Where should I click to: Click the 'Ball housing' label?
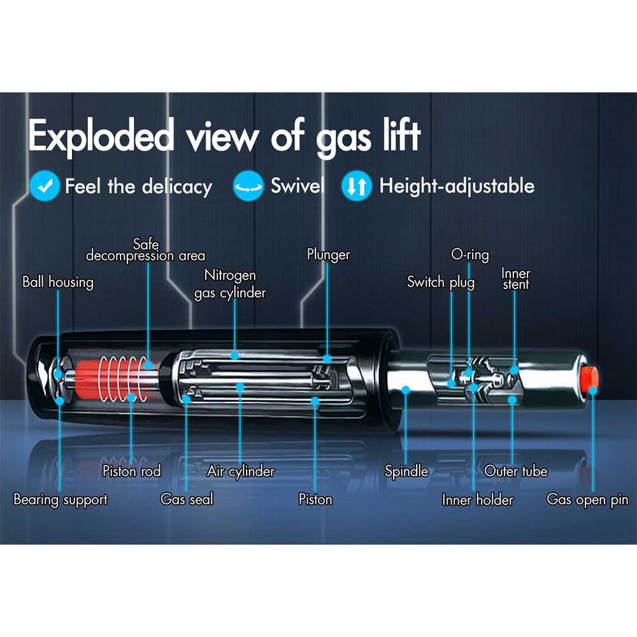tap(57, 282)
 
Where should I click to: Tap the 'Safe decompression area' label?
tap(145, 250)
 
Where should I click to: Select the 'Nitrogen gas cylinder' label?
tap(230, 283)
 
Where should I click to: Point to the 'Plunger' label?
tap(328, 255)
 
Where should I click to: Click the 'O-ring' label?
tap(469, 255)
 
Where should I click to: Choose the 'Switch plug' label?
tap(441, 282)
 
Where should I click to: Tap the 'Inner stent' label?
tap(515, 279)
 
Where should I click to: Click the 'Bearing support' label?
tap(61, 499)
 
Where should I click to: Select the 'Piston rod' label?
tap(131, 471)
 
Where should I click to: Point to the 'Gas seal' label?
tap(187, 499)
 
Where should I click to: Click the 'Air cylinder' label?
tap(241, 471)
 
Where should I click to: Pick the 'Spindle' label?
tap(406, 471)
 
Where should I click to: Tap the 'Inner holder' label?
tap(477, 499)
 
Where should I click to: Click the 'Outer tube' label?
tap(515, 471)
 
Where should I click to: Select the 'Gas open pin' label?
tap(587, 499)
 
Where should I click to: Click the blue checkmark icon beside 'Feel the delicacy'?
tap(45, 186)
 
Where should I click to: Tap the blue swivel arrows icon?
tap(248, 186)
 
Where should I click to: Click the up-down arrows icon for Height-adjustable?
tap(356, 186)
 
